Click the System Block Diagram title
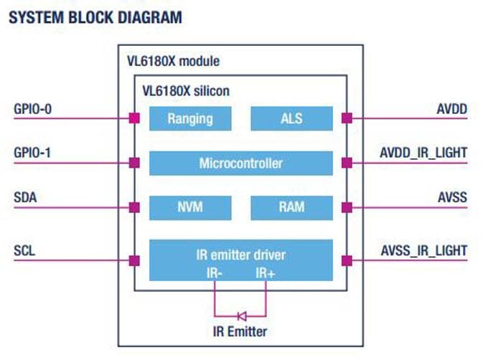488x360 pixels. click(x=94, y=16)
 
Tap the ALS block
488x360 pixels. click(x=291, y=118)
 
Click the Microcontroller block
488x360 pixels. click(x=240, y=163)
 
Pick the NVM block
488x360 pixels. click(x=190, y=207)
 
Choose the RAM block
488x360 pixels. click(x=291, y=207)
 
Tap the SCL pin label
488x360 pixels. click(x=25, y=250)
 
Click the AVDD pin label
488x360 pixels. click(x=452, y=110)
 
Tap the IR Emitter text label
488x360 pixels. click(x=240, y=331)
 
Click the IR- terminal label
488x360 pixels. click(x=215, y=272)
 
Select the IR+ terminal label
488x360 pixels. click(x=265, y=272)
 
